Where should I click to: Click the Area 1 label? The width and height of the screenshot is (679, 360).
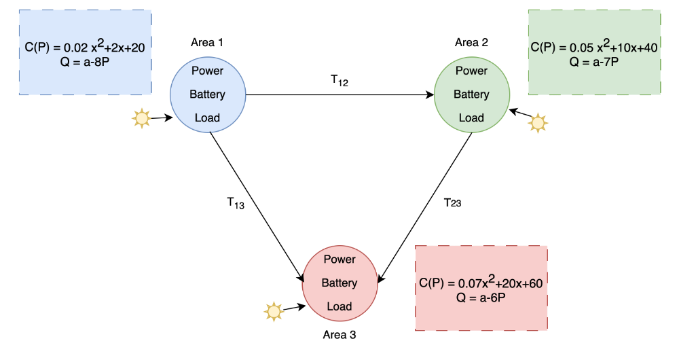tap(207, 43)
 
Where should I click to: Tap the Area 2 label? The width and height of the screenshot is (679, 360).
tap(471, 43)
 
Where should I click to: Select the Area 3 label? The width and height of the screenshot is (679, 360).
tap(339, 335)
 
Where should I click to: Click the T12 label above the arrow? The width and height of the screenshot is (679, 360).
tap(339, 80)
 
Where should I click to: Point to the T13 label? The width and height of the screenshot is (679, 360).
tap(236, 202)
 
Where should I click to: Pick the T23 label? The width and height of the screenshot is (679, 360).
tap(452, 202)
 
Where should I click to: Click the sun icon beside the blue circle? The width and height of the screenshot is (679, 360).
tap(141, 118)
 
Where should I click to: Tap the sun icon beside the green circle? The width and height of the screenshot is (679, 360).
tap(538, 123)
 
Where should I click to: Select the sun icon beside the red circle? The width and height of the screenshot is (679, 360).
tap(274, 312)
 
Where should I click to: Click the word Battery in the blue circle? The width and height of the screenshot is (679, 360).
tap(207, 94)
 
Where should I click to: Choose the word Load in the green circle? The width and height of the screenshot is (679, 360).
tap(471, 118)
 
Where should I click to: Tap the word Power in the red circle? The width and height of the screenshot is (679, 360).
tap(339, 259)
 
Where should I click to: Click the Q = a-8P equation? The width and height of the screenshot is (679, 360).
tap(85, 62)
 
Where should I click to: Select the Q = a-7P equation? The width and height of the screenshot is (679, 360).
tap(593, 62)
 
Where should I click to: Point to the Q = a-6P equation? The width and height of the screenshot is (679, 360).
tap(481, 298)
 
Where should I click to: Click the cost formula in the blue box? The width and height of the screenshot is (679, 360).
tap(85, 46)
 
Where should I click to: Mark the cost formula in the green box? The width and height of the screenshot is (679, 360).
tap(594, 46)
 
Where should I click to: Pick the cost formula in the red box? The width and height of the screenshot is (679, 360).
tap(481, 283)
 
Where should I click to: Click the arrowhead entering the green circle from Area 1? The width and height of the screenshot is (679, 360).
tap(430, 94)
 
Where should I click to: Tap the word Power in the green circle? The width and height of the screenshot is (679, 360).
tap(471, 71)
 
